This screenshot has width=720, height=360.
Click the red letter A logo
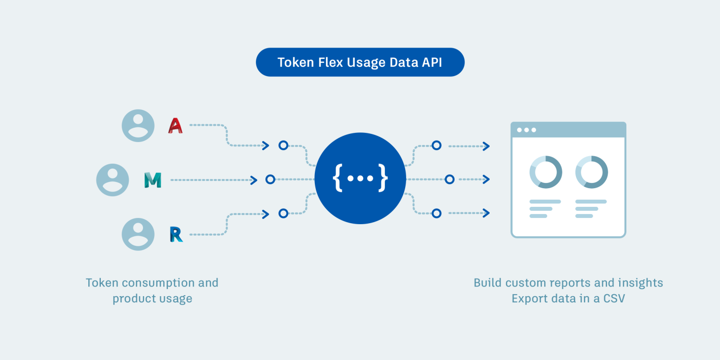(x=176, y=126)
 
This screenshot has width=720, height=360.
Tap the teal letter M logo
(x=153, y=180)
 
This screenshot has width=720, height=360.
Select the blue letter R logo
(x=176, y=234)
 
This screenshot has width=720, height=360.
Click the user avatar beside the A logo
(x=138, y=126)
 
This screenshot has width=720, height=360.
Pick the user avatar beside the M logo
(x=112, y=180)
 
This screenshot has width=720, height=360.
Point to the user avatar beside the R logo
(x=138, y=234)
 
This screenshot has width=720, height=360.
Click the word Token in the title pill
(x=296, y=62)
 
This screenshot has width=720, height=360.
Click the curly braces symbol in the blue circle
(x=360, y=178)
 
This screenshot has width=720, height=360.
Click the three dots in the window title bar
(x=527, y=130)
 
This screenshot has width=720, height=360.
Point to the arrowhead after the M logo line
(x=254, y=180)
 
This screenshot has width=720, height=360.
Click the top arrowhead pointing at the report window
(x=486, y=146)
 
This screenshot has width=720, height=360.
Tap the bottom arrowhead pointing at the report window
(x=486, y=213)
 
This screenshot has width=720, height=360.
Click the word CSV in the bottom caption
(x=614, y=299)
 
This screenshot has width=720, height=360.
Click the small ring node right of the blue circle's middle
(x=450, y=179)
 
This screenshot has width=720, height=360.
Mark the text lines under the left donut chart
(x=545, y=209)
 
